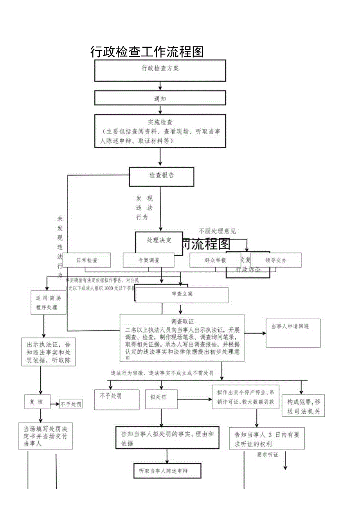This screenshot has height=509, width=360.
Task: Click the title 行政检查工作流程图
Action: (x=147, y=52)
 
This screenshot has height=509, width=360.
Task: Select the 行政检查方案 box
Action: (x=160, y=70)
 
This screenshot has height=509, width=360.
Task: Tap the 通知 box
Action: (x=160, y=98)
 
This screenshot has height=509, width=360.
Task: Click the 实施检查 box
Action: (x=160, y=131)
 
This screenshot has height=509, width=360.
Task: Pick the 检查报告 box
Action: (x=162, y=176)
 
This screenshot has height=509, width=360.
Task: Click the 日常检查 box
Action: (x=87, y=260)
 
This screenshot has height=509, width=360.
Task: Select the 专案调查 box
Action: (x=148, y=260)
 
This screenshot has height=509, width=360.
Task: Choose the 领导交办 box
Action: (x=276, y=260)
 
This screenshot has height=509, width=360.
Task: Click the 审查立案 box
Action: (x=182, y=294)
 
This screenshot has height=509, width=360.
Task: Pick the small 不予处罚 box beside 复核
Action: (x=71, y=405)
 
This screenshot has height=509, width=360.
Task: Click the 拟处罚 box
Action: (x=161, y=399)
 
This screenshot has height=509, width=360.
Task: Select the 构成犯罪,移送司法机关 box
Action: (x=303, y=405)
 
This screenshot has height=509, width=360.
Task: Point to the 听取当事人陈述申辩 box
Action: (x=167, y=471)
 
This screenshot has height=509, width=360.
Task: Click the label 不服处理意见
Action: (x=217, y=231)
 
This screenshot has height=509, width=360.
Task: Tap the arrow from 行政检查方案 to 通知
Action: (x=160, y=86)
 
